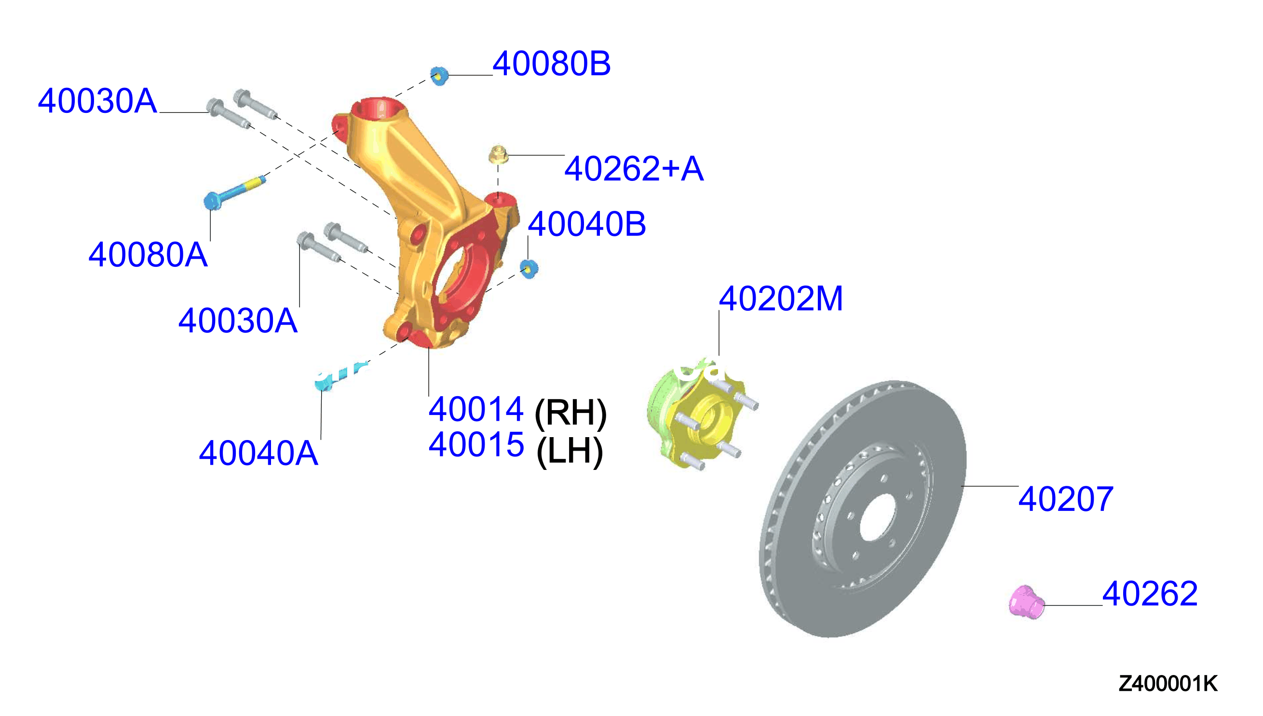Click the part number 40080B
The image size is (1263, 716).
click(x=551, y=63)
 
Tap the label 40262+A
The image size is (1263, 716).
click(x=634, y=168)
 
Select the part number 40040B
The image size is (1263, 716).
click(x=587, y=224)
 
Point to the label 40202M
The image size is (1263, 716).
click(x=781, y=299)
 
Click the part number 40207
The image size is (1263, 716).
click(x=1066, y=499)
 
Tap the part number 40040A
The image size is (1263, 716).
click(x=258, y=453)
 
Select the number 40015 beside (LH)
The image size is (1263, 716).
click(x=476, y=444)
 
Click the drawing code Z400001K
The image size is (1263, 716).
click(x=1168, y=684)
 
